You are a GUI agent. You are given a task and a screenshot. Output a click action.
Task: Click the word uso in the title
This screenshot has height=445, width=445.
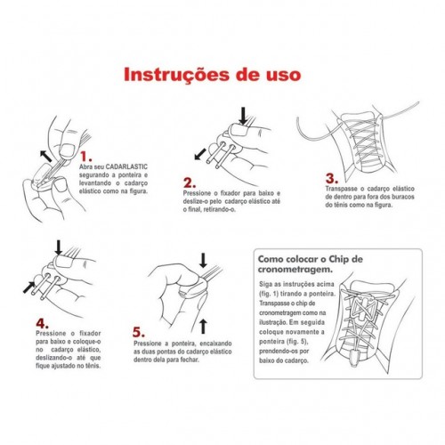pyautogui.click(x=283, y=75)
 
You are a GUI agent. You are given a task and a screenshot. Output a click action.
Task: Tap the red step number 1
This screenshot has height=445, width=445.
pyautogui.click(x=86, y=157)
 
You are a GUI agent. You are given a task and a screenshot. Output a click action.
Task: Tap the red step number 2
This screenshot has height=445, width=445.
pyautogui.click(x=190, y=182)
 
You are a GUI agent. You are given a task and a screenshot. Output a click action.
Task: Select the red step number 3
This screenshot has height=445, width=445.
pyautogui.click(x=332, y=178)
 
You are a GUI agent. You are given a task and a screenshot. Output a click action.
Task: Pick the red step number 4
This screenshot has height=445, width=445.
pyautogui.click(x=43, y=323)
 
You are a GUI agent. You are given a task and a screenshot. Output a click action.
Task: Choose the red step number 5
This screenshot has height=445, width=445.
pyautogui.click(x=139, y=332)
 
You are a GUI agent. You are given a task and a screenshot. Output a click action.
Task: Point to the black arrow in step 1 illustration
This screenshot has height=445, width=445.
pyautogui.click(x=46, y=157)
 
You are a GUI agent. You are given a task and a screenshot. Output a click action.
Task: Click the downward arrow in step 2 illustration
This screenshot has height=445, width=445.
pyautogui.click(x=243, y=116)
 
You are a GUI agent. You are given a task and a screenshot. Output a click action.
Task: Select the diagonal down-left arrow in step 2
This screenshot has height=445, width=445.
pyautogui.click(x=200, y=154)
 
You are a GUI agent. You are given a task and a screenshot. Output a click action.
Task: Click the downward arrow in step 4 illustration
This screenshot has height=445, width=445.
pyautogui.click(x=59, y=247)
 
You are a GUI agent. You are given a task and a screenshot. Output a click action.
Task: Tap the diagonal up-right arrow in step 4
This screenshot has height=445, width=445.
pyautogui.click(x=29, y=287)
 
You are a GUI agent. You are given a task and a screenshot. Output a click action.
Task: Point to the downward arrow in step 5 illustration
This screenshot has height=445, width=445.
pyautogui.click(x=203, y=260)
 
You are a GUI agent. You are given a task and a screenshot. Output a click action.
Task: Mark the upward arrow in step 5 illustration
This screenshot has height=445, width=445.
pyautogui.click(x=203, y=327)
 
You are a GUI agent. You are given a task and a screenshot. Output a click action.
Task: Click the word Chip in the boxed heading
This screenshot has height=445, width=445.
pyautogui.click(x=339, y=259)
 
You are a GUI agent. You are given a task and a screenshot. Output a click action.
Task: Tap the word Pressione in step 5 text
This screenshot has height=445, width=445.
pyautogui.click(x=147, y=344)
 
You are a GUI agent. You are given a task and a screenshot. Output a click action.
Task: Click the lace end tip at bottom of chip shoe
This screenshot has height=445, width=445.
pyautogui.click(x=354, y=360)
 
